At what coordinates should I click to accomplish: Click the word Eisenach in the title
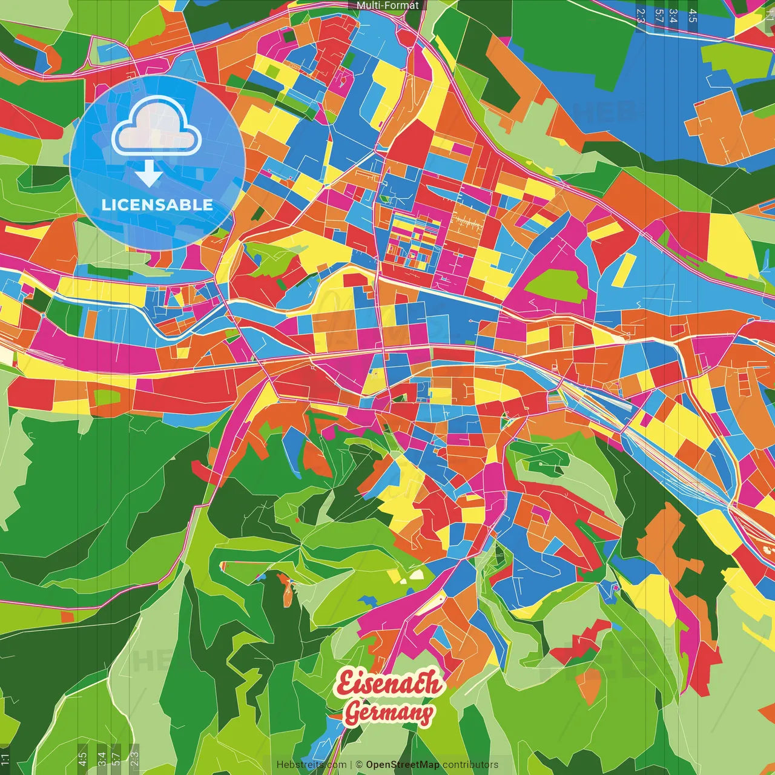[x=389, y=684]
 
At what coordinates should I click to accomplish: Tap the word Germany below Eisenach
[x=389, y=713]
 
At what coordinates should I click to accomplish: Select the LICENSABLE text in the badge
[x=157, y=205]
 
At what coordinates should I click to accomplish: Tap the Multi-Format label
[x=387, y=5]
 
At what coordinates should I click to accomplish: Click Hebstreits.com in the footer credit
[x=312, y=765]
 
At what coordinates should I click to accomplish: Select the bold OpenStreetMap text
[x=403, y=765]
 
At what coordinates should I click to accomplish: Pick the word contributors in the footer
[x=470, y=765]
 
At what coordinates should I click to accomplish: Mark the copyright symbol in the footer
[x=359, y=765]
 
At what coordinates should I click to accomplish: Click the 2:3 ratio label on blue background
[x=641, y=15]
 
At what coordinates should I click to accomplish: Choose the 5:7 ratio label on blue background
[x=659, y=15]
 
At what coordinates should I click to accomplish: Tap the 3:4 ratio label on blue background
[x=673, y=15]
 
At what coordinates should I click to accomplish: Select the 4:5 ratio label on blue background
[x=693, y=15]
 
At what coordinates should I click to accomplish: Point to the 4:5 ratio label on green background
[x=82, y=759]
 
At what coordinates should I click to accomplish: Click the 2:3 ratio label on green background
[x=134, y=759]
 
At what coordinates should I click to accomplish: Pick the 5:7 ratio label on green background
[x=116, y=759]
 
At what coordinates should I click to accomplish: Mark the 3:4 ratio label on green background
[x=102, y=759]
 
